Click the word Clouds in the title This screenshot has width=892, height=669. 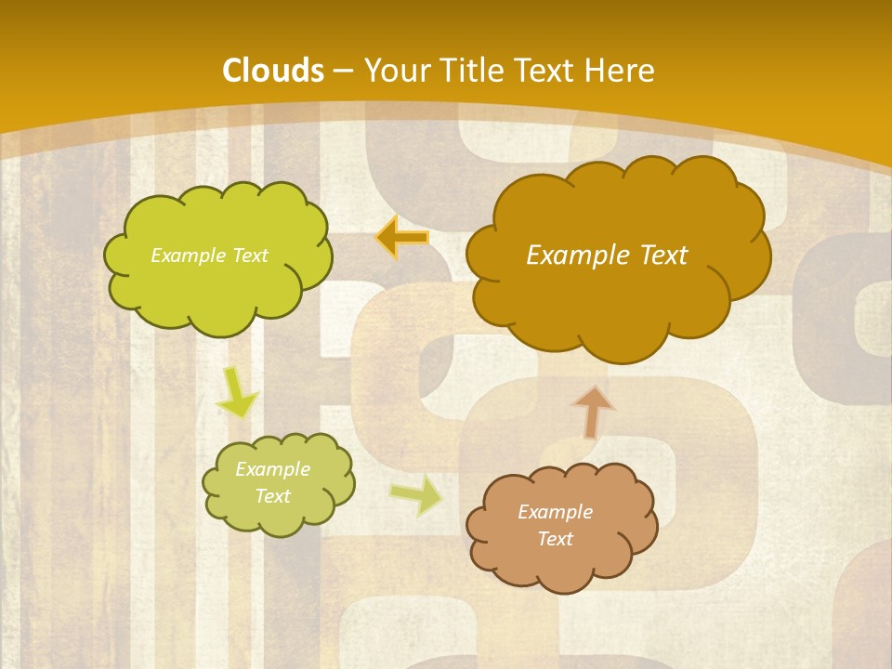click(273, 71)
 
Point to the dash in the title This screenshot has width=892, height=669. click(343, 72)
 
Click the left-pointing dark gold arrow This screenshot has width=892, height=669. click(402, 238)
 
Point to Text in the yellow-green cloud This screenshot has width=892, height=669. click(249, 256)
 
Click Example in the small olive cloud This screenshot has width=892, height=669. click(272, 469)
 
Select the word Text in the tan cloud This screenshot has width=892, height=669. click(555, 539)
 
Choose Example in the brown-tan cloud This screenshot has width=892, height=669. click(555, 512)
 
